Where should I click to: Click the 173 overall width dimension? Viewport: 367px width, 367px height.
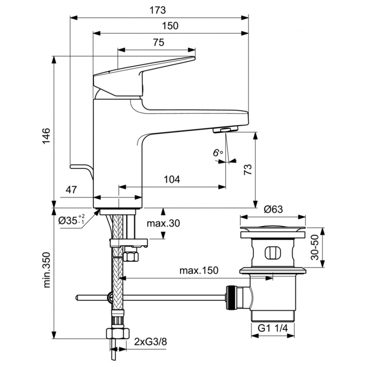click(x=159, y=10)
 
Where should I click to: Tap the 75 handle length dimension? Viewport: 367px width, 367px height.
click(x=158, y=43)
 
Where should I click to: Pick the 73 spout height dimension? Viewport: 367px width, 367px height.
click(x=248, y=170)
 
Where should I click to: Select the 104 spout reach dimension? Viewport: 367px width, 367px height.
click(x=172, y=180)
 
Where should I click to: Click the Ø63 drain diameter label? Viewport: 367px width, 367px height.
click(x=273, y=208)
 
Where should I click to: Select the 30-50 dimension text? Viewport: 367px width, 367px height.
click(x=315, y=247)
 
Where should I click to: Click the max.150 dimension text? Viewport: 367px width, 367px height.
click(x=198, y=271)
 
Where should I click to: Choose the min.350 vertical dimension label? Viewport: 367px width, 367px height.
click(x=45, y=275)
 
